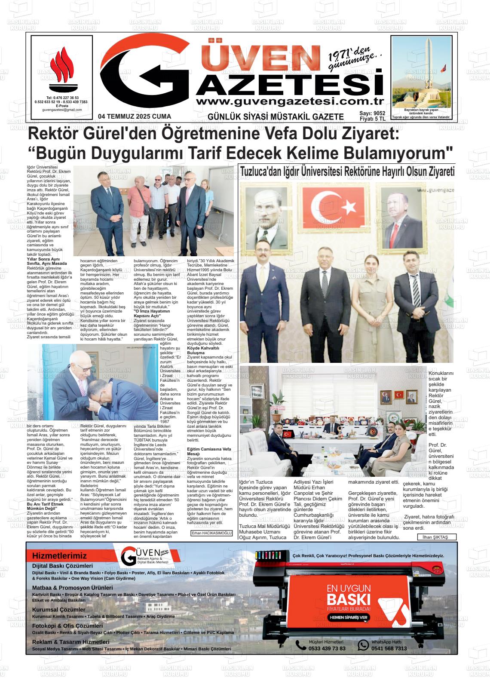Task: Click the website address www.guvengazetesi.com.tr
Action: [x=289, y=101]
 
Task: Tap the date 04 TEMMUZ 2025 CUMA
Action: [x=135, y=117]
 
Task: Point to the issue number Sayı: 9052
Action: [x=372, y=113]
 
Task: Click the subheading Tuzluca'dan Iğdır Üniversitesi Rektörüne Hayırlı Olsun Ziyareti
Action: [x=347, y=171]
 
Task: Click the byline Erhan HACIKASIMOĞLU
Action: [x=211, y=533]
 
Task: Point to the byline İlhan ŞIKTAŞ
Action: [x=436, y=537]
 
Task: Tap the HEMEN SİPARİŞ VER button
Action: [x=349, y=617]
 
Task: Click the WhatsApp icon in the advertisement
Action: [x=364, y=644]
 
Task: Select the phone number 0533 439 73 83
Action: [x=327, y=648]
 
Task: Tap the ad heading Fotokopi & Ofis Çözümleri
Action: [x=67, y=626]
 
